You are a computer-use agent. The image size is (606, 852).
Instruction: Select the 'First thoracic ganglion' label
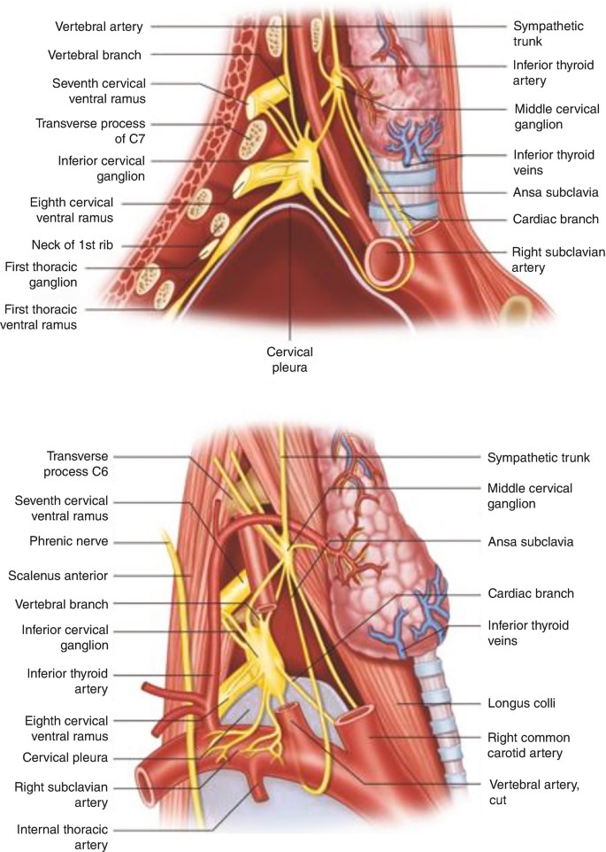54,274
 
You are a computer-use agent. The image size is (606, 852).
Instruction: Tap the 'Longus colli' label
522,705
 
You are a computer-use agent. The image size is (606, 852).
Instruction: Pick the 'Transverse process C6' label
54,465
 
